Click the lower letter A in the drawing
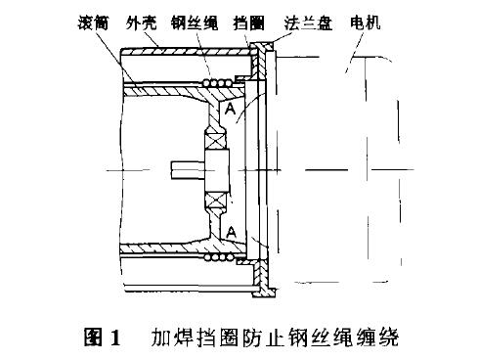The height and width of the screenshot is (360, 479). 230,231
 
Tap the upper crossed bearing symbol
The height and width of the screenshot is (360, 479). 217,141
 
